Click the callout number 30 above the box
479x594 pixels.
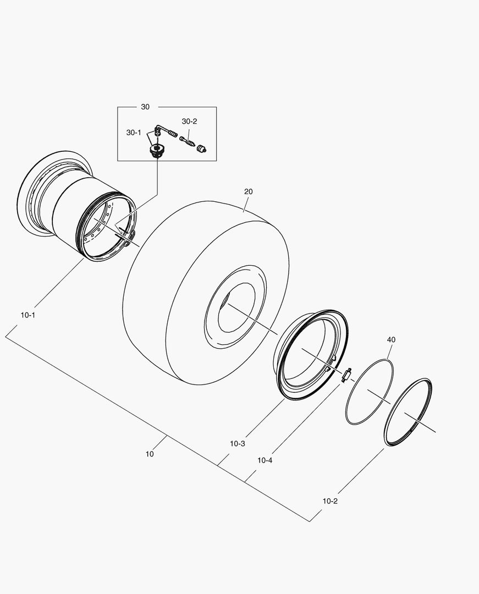pos(145,107)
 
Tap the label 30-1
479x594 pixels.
pos(134,133)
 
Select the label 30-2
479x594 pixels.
pos(189,121)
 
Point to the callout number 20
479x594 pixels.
pos(249,191)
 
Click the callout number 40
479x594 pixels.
pos(391,340)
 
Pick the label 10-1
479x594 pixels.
pos(28,315)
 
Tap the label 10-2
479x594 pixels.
pos(330,501)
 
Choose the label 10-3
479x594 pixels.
pos(238,443)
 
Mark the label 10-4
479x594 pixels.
pos(265,460)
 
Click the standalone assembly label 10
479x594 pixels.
pos(150,454)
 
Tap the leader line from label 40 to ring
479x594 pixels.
pos(389,352)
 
